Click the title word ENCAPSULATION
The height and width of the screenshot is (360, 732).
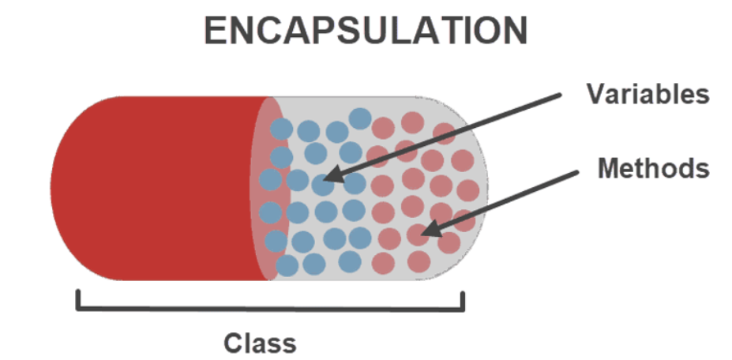point(365,31)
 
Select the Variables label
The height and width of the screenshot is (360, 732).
point(648,95)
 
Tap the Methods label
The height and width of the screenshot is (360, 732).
point(653,168)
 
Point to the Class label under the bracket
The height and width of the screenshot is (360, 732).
point(260,343)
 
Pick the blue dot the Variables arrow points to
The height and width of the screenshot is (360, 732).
point(322,184)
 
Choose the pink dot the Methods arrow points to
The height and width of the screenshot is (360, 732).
point(416,234)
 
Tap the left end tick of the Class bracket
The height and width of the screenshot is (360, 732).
point(77,299)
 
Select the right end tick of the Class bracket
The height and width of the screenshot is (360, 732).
point(463,299)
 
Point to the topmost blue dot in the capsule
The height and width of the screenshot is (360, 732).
point(360,119)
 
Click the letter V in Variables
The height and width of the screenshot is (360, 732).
point(595,95)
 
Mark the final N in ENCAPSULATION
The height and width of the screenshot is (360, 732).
point(513,31)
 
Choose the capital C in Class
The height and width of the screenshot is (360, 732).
point(233,343)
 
